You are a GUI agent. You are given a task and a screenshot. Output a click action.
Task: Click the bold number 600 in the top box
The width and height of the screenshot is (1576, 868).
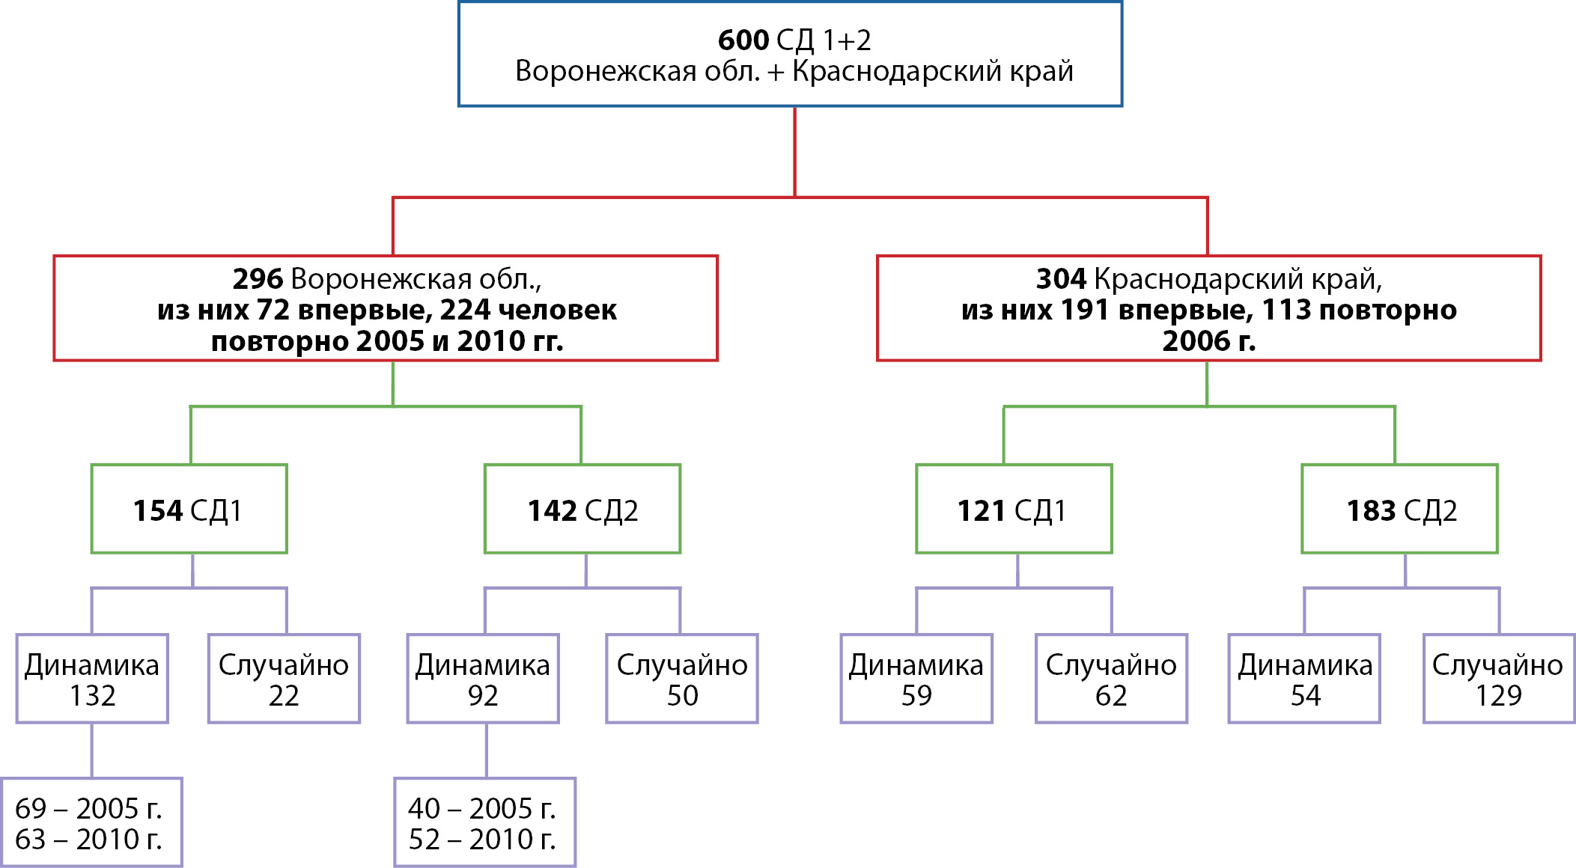pos(743,40)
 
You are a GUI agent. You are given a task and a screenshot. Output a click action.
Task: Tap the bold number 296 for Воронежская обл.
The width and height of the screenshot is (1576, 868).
pos(258,279)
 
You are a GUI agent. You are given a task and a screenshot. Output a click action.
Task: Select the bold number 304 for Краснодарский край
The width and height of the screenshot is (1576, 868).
pos(1060,279)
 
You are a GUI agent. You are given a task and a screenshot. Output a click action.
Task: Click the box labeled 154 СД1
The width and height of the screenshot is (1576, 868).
pos(189,510)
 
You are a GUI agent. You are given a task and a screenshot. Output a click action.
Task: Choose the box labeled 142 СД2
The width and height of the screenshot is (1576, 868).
pos(582,510)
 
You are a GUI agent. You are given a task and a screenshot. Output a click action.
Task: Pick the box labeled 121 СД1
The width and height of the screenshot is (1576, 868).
pos(1014,510)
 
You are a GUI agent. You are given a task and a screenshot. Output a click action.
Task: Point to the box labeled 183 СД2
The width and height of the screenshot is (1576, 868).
pos(1399,510)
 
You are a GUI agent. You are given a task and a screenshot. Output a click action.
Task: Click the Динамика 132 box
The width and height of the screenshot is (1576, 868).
pos(92,679)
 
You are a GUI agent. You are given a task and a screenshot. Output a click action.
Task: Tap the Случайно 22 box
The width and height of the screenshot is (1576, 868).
pos(284,679)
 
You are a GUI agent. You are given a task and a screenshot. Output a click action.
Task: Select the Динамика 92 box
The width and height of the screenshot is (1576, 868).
pos(483,679)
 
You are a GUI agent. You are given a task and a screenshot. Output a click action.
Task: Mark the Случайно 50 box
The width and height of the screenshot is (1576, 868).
pos(682,679)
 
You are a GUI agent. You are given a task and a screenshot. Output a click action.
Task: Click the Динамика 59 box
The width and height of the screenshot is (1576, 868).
pos(916,679)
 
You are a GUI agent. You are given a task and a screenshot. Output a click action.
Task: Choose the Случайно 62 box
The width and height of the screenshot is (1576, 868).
pos(1111,679)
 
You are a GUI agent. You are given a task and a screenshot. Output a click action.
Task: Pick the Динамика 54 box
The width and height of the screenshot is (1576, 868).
pos(1304,679)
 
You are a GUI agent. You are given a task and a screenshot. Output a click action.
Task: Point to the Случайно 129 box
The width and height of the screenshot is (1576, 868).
pos(1499,679)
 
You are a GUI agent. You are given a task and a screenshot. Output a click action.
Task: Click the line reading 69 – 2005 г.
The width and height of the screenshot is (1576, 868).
pos(88,808)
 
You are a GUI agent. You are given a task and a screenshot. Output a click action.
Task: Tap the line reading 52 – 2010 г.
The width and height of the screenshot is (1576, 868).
pos(482,840)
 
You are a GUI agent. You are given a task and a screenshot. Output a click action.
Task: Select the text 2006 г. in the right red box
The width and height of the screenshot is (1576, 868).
pos(1208,341)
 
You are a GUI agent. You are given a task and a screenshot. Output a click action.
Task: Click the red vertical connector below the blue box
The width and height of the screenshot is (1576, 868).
pos(794,152)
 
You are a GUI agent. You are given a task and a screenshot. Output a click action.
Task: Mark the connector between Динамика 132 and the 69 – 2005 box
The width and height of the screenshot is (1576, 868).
pos(92,751)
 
